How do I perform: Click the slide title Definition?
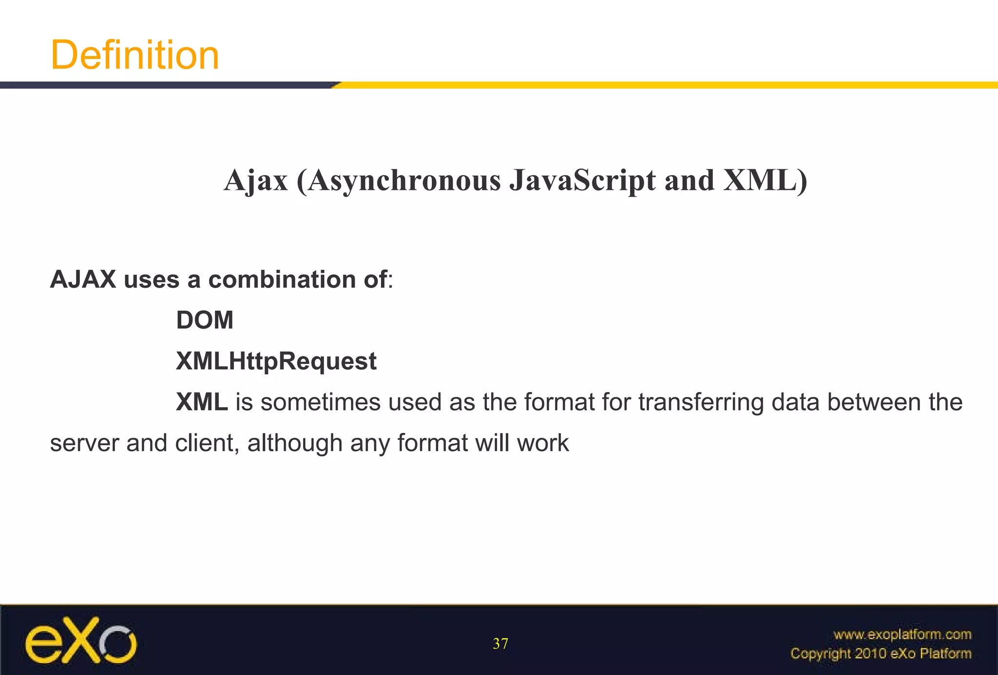(135, 55)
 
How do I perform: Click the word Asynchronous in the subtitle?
(404, 181)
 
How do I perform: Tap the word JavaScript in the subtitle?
(582, 181)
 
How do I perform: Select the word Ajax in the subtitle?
(256, 181)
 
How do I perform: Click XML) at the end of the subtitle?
(765, 181)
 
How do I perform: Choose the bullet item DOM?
(205, 320)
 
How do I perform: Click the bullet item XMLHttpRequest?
(276, 361)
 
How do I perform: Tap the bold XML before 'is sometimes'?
(202, 402)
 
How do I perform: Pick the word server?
(84, 443)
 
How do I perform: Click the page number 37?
(500, 644)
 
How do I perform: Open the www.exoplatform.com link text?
(902, 635)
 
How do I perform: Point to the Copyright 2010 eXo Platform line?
(881, 654)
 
